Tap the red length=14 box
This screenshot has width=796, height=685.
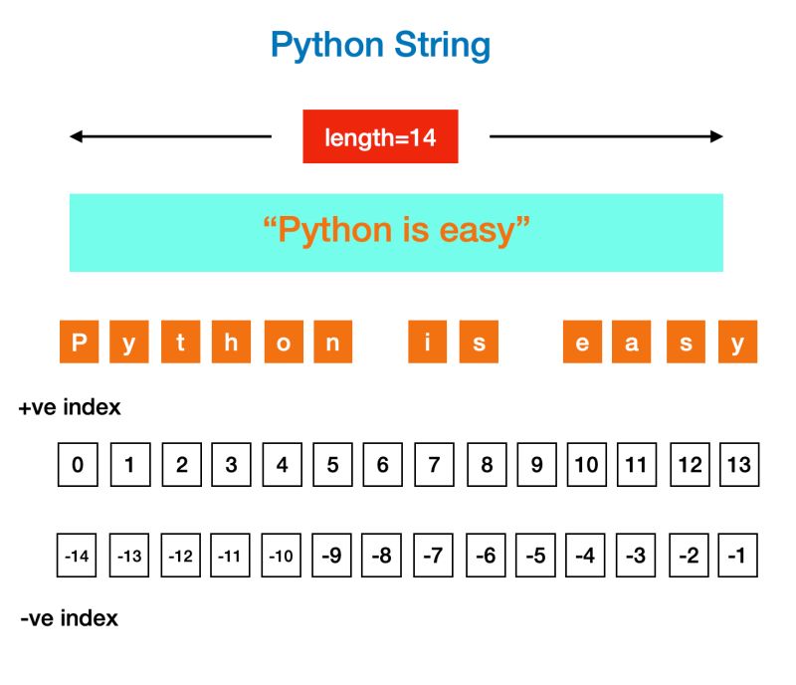pyautogui.click(x=380, y=136)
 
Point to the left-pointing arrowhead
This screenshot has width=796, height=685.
pyautogui.click(x=76, y=136)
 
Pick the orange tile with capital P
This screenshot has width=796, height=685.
pyautogui.click(x=80, y=342)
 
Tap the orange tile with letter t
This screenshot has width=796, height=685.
pyautogui.click(x=180, y=342)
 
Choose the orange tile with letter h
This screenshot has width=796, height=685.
pyautogui.click(x=231, y=342)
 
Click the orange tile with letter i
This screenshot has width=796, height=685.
pyautogui.click(x=428, y=342)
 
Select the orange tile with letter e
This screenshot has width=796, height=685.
pyautogui.click(x=582, y=342)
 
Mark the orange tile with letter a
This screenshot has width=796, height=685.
pyautogui.click(x=633, y=342)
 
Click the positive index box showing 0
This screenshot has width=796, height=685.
pyautogui.click(x=78, y=465)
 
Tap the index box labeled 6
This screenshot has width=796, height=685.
pyautogui.click(x=382, y=465)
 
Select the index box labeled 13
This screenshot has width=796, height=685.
pyautogui.click(x=738, y=465)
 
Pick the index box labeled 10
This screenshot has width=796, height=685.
pyautogui.click(x=586, y=465)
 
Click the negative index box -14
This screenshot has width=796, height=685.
pyautogui.click(x=78, y=556)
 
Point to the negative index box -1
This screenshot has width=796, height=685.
pyautogui.click(x=737, y=556)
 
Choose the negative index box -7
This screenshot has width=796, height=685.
pyautogui.click(x=433, y=556)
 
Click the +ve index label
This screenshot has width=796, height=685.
pyautogui.click(x=70, y=408)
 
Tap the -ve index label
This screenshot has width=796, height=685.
pyautogui.click(x=70, y=618)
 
